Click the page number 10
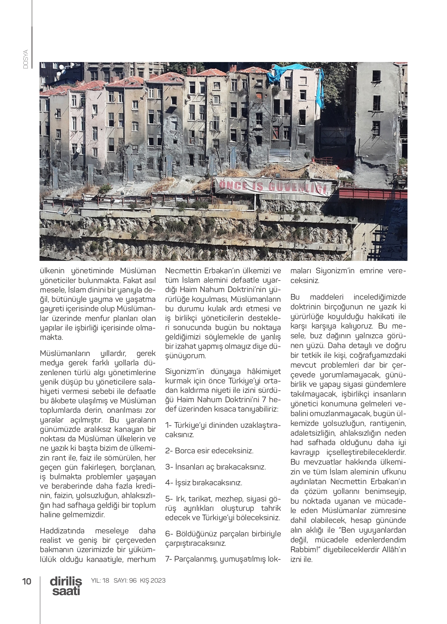pyautogui.click(x=27, y=581)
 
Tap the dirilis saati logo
pyautogui.click(x=66, y=586)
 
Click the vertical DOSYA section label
pyautogui.click(x=26, y=59)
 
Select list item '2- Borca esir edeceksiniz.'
pyautogui.click(x=209, y=451)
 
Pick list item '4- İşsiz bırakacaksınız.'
pyautogui.click(x=204, y=483)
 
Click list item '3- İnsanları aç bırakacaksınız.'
pyautogui.click(x=215, y=467)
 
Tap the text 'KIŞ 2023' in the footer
pyautogui.click(x=153, y=580)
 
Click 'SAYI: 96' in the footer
pyautogui.click(x=125, y=580)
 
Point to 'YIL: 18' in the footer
pyautogui.click(x=100, y=580)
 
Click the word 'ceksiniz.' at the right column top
pyautogui.click(x=304, y=280)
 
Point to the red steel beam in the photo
pyautogui.click(x=372, y=194)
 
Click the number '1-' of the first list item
pyautogui.click(x=168, y=425)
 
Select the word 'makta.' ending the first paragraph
pyautogui.click(x=52, y=337)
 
